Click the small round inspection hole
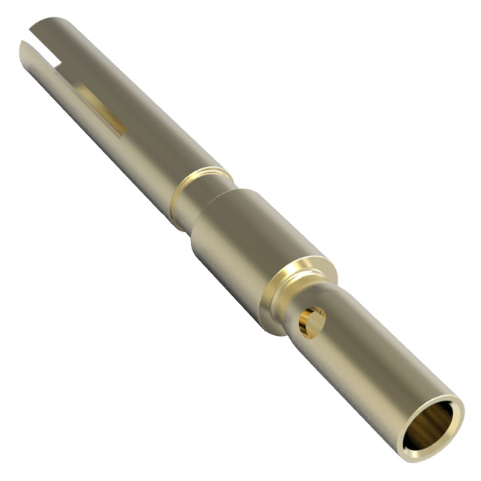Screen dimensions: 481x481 click(311, 322)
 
